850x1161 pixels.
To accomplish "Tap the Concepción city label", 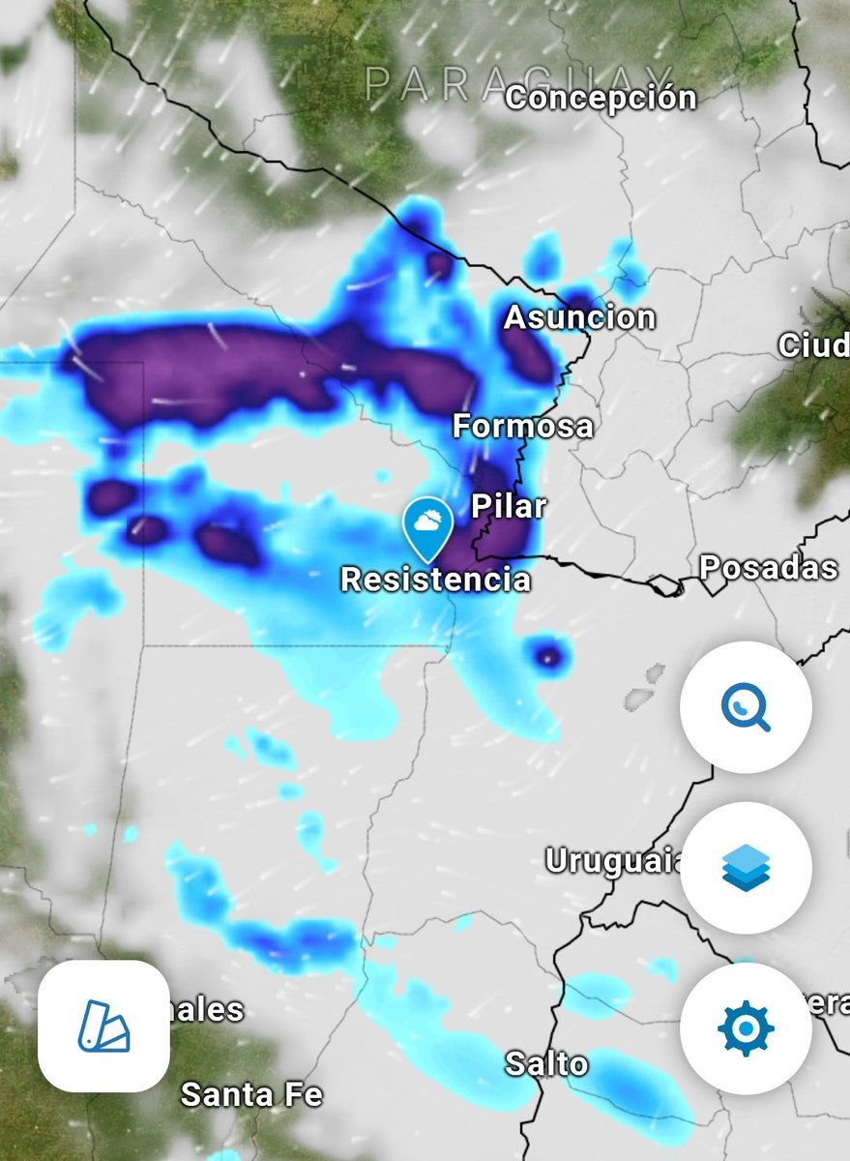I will coord(601,98).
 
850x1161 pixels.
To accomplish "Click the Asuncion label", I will coord(579,317).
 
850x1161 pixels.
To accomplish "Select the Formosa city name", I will coord(523,426).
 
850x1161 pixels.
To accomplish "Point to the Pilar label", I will coord(509,506).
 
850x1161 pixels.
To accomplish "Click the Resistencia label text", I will coord(436,580).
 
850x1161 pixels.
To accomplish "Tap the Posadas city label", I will coord(769,567).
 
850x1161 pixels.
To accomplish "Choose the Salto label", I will coord(546,1064).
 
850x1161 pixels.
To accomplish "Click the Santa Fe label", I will coord(251,1095).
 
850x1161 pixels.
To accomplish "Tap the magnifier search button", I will coord(746,707).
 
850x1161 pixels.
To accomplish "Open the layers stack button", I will coord(746,868).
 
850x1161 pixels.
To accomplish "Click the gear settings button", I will coord(746,1028).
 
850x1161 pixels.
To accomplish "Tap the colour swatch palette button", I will coord(103,1027).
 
